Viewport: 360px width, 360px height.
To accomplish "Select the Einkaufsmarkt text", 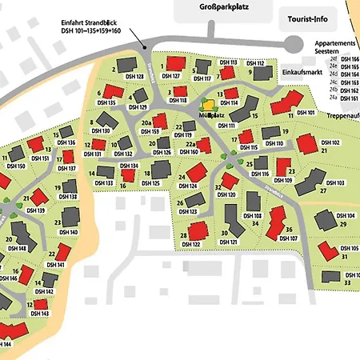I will coord(301,72).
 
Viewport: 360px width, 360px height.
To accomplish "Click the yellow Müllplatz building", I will coord(208,105).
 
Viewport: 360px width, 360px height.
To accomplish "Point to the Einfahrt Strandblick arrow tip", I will coord(145,50).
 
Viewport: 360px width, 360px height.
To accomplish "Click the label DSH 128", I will coord(134,77).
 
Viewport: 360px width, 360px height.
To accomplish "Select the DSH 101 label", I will coord(306,113).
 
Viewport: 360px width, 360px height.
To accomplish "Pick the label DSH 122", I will coord(190,245).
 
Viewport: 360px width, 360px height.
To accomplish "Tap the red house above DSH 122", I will coord(198,230).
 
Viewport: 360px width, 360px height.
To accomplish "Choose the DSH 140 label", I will coord(68,232).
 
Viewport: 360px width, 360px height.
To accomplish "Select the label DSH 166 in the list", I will coord(350,59).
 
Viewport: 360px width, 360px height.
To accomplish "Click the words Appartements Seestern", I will coord(332,48).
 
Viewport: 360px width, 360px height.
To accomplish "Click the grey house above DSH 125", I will coord(161,169).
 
